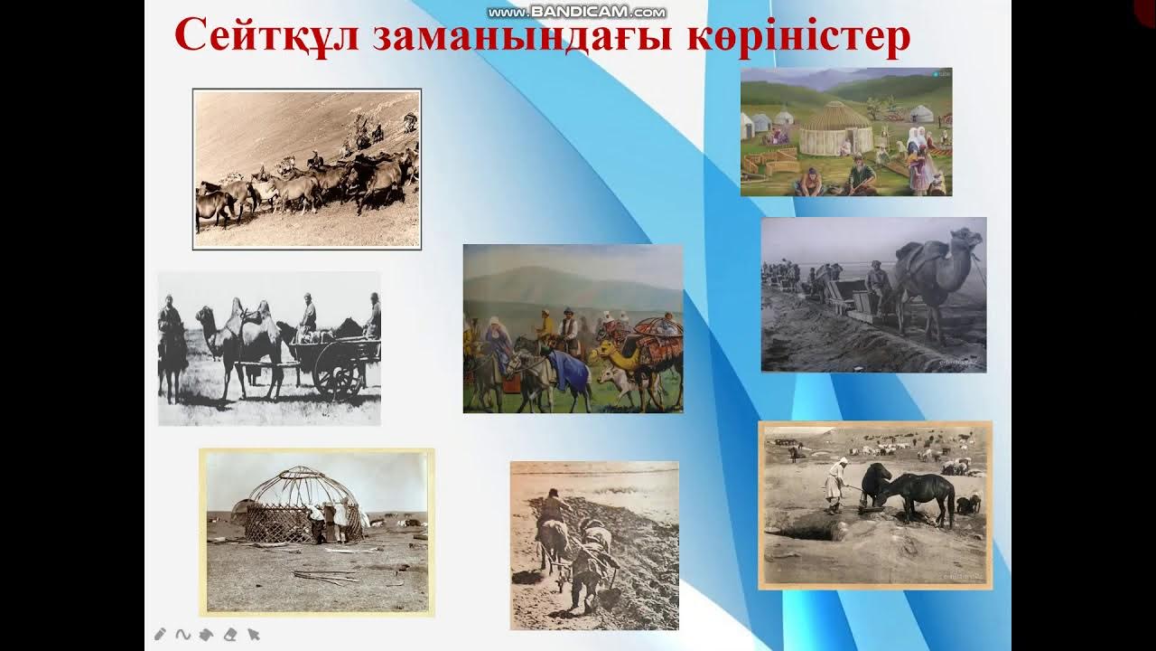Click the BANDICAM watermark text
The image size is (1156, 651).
pos(577,12)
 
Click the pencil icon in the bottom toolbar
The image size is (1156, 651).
pos(161,634)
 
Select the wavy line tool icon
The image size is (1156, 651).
pos(182,634)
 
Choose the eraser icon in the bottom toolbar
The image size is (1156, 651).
pos(230,634)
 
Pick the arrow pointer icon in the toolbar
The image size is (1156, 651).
pos(254,634)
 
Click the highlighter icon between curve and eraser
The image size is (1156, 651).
pos(206,634)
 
